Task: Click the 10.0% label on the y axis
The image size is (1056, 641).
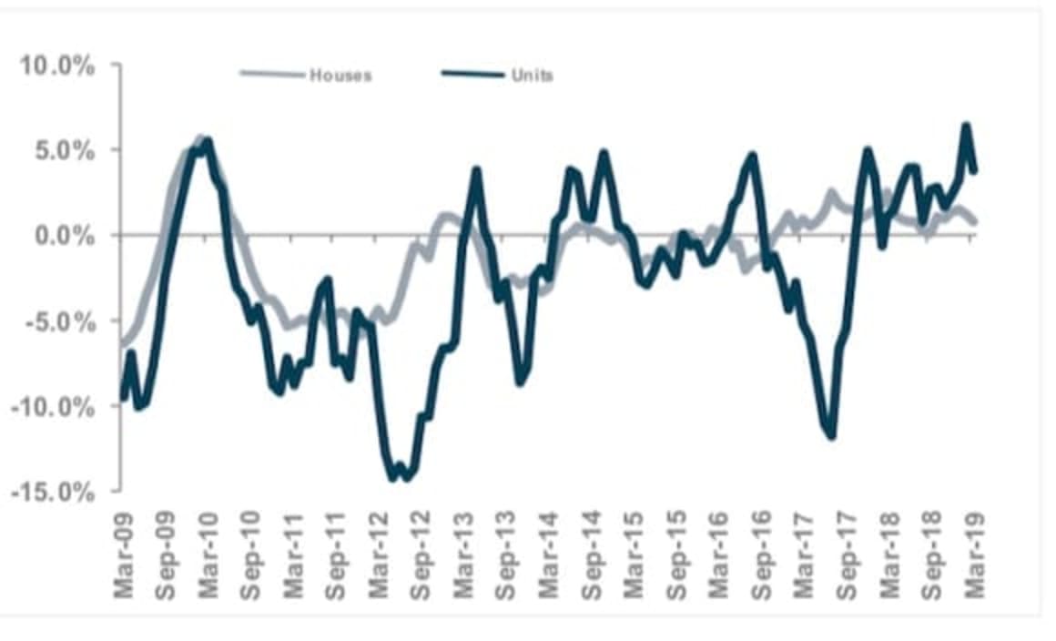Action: pyautogui.click(x=54, y=66)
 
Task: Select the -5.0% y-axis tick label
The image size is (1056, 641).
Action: pyautogui.click(x=54, y=321)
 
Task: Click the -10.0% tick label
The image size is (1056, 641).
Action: pyautogui.click(x=49, y=406)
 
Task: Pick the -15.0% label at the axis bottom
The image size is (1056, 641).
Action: pyautogui.click(x=49, y=492)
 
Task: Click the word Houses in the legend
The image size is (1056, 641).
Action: pyautogui.click(x=340, y=76)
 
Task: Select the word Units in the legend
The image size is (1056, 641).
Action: pyautogui.click(x=533, y=76)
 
